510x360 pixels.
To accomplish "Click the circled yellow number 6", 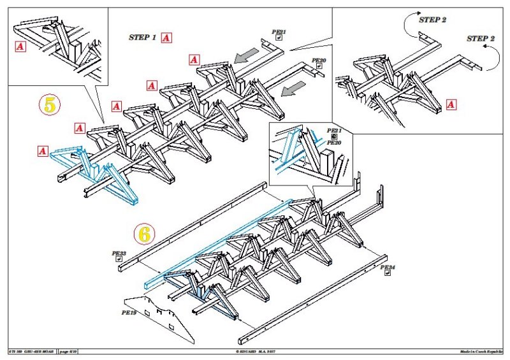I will [x=145, y=234].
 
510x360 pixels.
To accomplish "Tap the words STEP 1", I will [x=142, y=38].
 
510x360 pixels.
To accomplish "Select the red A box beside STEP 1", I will [x=166, y=38].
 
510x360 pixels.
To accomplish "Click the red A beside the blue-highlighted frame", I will [x=43, y=151].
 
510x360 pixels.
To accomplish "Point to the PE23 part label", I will [x=119, y=254].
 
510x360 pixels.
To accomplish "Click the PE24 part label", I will [x=387, y=268].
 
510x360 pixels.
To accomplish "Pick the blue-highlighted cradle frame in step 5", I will [x=96, y=175].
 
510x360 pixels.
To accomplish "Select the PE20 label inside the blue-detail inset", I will [x=335, y=143].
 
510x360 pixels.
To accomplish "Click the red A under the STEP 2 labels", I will [x=452, y=104].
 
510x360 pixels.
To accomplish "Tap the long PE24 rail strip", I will [x=312, y=299].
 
